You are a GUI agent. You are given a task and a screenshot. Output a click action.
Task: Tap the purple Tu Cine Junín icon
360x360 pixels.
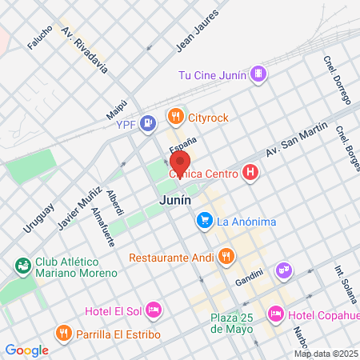tap(258, 75)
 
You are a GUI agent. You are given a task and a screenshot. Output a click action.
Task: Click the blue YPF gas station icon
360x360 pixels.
tap(147, 123)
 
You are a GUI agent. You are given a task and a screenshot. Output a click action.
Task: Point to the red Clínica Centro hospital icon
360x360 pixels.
tap(250, 173)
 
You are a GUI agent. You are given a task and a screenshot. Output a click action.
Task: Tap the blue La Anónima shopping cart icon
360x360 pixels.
tap(205, 218)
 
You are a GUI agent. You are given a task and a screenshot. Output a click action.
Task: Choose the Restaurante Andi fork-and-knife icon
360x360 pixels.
tap(226, 257)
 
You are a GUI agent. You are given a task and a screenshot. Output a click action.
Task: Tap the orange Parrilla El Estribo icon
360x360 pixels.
tap(62, 333)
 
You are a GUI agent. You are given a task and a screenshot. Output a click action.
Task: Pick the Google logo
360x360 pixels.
tap(27, 350)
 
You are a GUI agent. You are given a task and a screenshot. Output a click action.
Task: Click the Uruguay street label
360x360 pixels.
tap(38, 217)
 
